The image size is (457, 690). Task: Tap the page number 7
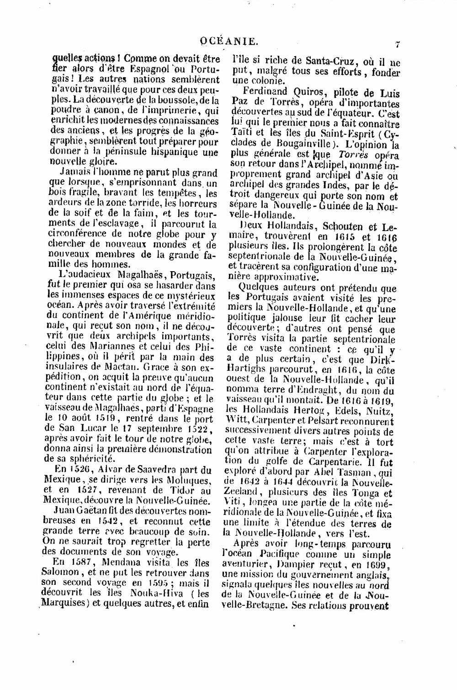pyautogui.click(x=398, y=44)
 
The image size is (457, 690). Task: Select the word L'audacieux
pyautogui.click(x=87, y=275)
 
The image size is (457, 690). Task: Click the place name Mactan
pyautogui.click(x=120, y=367)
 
